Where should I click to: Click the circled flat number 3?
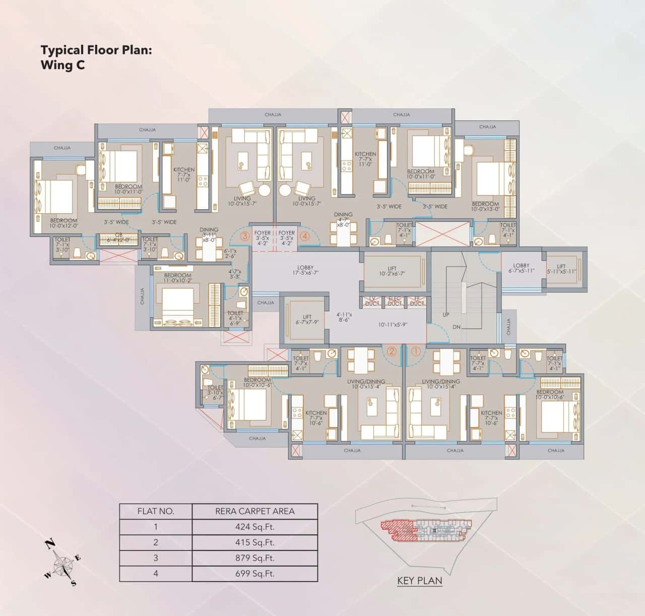[245, 235]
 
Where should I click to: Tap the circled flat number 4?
[304, 235]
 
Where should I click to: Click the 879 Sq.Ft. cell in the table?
[255, 558]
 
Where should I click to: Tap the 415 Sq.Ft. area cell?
[255, 542]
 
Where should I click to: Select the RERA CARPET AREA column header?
[255, 511]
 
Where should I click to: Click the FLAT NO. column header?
[156, 511]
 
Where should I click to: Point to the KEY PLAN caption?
[420, 581]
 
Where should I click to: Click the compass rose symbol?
[63, 563]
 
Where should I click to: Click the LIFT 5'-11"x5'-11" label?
[561, 269]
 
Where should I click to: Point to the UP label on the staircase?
[446, 315]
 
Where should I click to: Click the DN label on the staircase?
[457, 327]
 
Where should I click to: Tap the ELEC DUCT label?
[395, 301]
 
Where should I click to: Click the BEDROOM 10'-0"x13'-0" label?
[485, 207]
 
